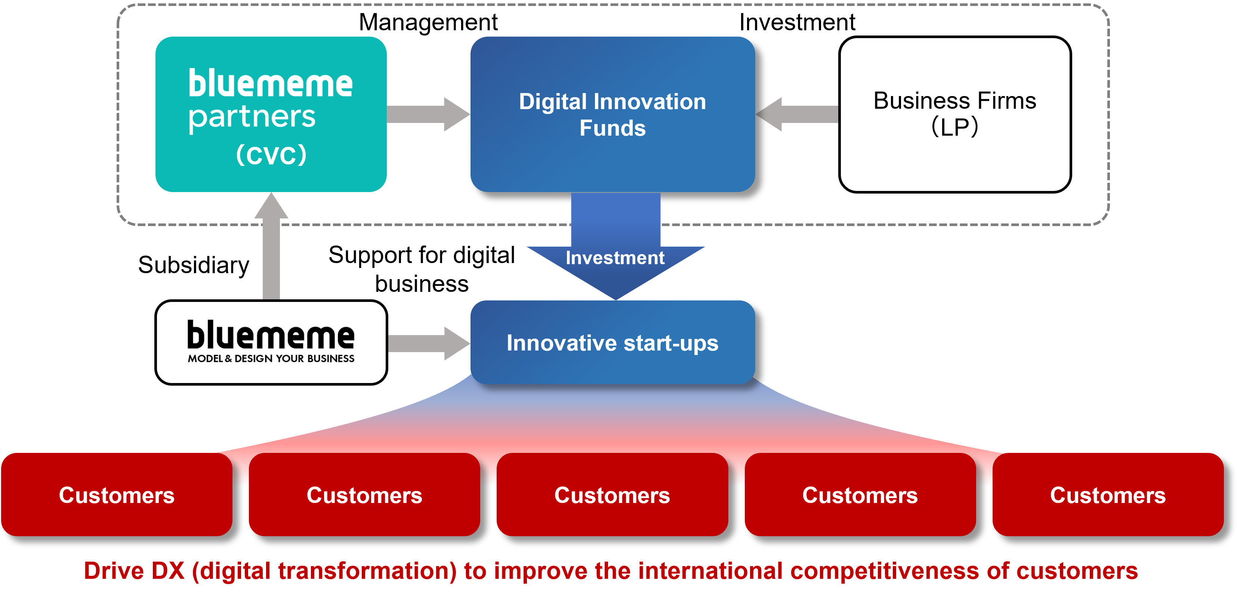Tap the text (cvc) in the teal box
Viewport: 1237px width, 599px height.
[x=271, y=155]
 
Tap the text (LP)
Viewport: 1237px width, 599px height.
[x=954, y=127]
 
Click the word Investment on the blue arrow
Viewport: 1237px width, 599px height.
[x=615, y=258]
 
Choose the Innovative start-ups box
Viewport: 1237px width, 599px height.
[x=612, y=367]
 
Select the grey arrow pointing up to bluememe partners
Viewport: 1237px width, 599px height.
[x=272, y=250]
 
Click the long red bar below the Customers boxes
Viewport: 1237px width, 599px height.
[x=658, y=574]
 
